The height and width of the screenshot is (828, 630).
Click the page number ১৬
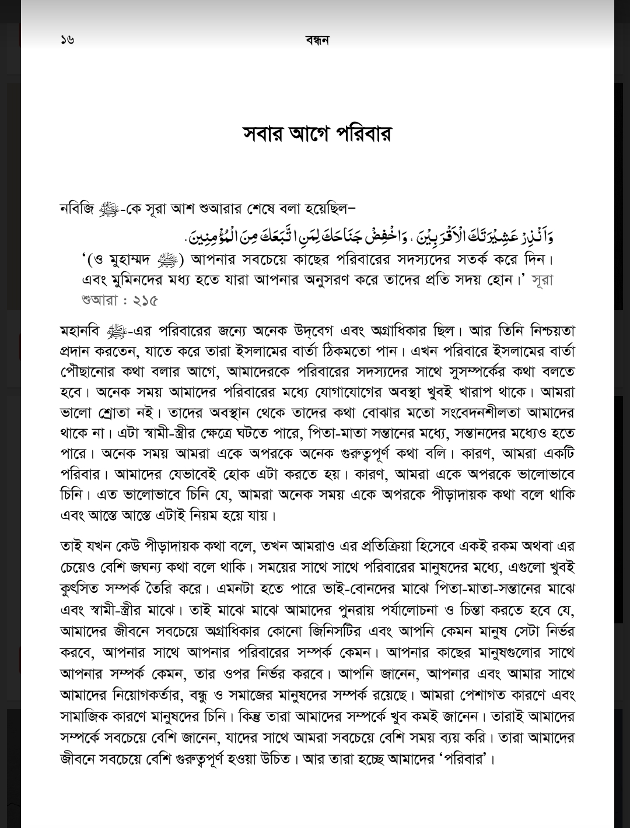(x=67, y=40)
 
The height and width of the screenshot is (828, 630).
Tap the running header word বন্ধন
(x=317, y=40)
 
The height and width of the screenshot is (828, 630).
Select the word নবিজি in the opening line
(x=76, y=208)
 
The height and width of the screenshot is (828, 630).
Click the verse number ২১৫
(x=145, y=301)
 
